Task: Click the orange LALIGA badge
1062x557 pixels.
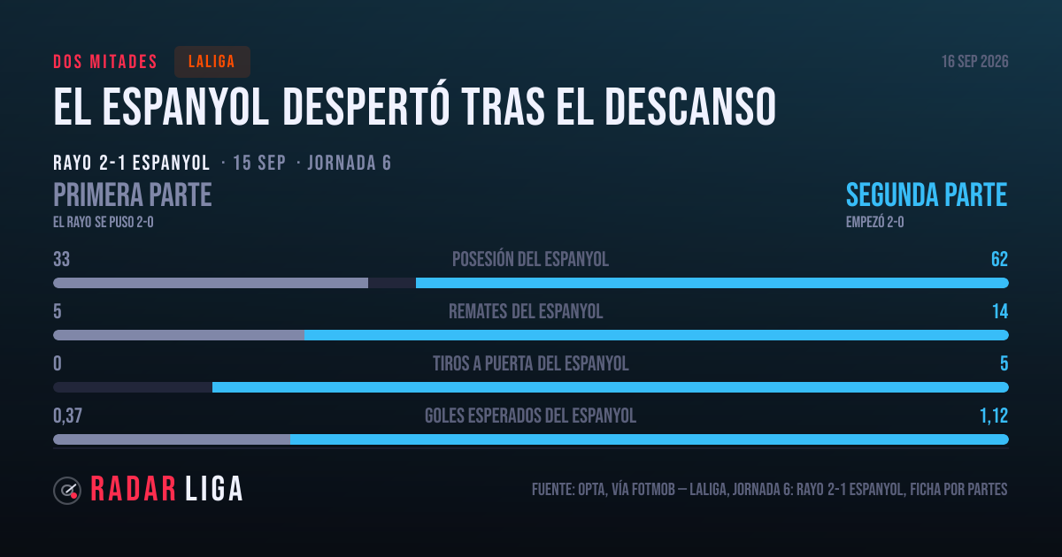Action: coord(212,62)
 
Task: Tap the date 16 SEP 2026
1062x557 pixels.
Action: coord(974,62)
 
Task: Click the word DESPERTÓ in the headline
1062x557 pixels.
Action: coord(366,107)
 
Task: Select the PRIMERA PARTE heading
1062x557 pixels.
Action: coord(132,195)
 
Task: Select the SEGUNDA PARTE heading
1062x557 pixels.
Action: coord(927,195)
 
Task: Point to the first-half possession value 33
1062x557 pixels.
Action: coord(62,259)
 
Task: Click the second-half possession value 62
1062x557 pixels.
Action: coord(999,259)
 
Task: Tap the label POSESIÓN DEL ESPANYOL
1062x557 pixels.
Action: coord(530,259)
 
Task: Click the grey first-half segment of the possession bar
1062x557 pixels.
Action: coord(211,283)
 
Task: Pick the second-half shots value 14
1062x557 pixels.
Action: coord(1000,311)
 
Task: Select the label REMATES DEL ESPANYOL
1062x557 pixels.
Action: coord(526,311)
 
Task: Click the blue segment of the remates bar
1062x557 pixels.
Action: coord(656,335)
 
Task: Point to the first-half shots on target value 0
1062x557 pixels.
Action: coord(58,363)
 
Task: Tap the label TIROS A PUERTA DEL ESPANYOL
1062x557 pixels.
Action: coord(530,363)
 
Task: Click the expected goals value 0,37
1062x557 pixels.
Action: coord(67,416)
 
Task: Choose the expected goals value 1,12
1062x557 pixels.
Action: coord(994,416)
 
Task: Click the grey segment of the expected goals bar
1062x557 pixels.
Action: coord(172,439)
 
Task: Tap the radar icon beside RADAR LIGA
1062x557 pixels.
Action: coord(67,490)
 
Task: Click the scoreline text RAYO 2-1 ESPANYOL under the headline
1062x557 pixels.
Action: coord(131,163)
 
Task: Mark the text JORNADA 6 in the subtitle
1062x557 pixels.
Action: coord(350,163)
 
